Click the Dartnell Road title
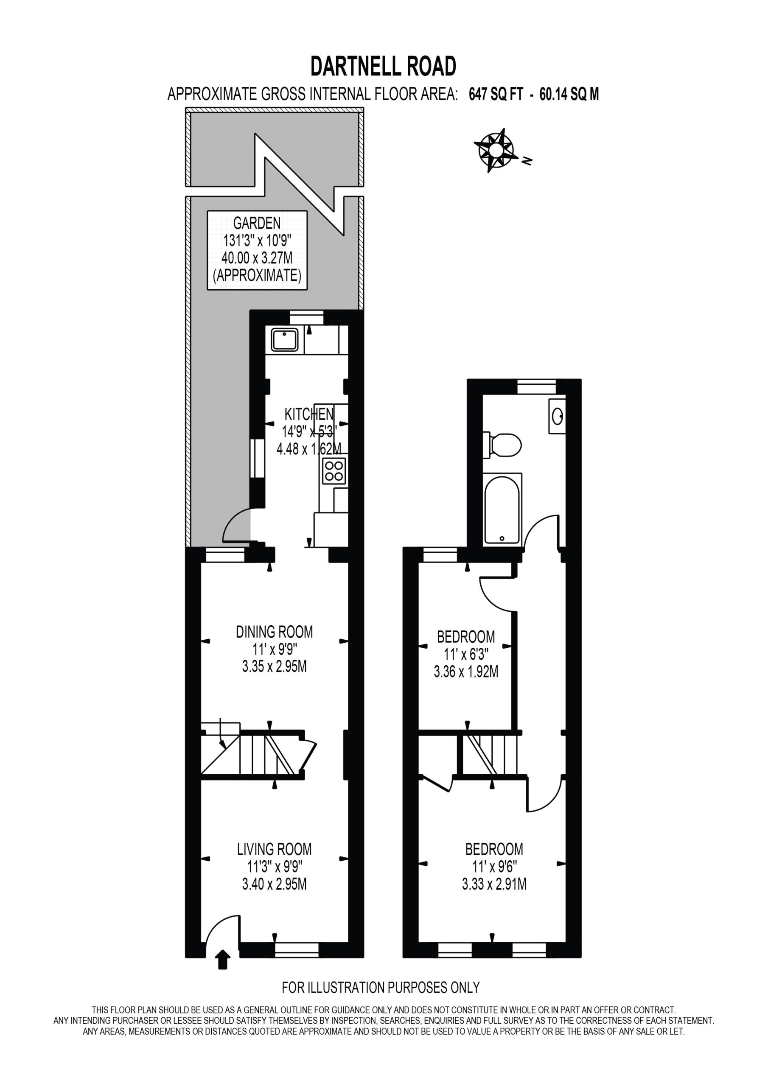point(383,66)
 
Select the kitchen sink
point(284,340)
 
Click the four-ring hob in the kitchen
point(334,470)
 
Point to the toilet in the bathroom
point(502,445)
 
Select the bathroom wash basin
point(558,416)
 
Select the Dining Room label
point(275,632)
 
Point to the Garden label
point(257,223)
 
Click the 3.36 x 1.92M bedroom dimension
point(466,672)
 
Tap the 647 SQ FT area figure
point(496,95)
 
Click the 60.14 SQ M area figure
point(569,95)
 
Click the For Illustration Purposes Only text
point(381,988)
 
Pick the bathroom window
point(536,387)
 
